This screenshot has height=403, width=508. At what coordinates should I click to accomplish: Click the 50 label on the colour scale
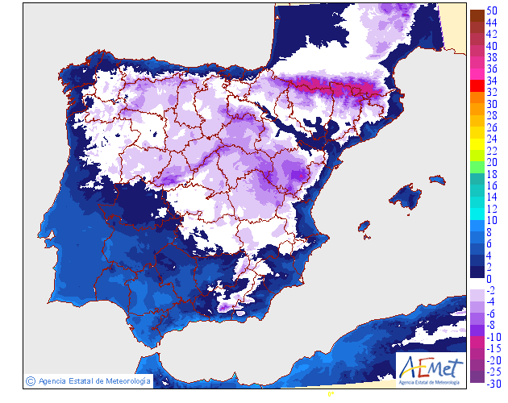490,10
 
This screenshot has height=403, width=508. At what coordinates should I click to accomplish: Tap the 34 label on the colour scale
490,81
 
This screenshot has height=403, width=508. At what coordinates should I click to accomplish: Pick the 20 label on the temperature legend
490,162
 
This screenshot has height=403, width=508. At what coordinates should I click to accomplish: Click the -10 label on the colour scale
493,337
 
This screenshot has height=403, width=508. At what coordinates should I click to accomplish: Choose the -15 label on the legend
493,348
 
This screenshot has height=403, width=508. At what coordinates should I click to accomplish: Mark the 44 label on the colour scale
490,23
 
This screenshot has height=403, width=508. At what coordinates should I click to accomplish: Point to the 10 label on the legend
490,220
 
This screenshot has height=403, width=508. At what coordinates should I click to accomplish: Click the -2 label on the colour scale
490,290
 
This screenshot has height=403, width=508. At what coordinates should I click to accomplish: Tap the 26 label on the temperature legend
490,127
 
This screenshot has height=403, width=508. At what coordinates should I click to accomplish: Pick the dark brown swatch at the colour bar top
477,15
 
